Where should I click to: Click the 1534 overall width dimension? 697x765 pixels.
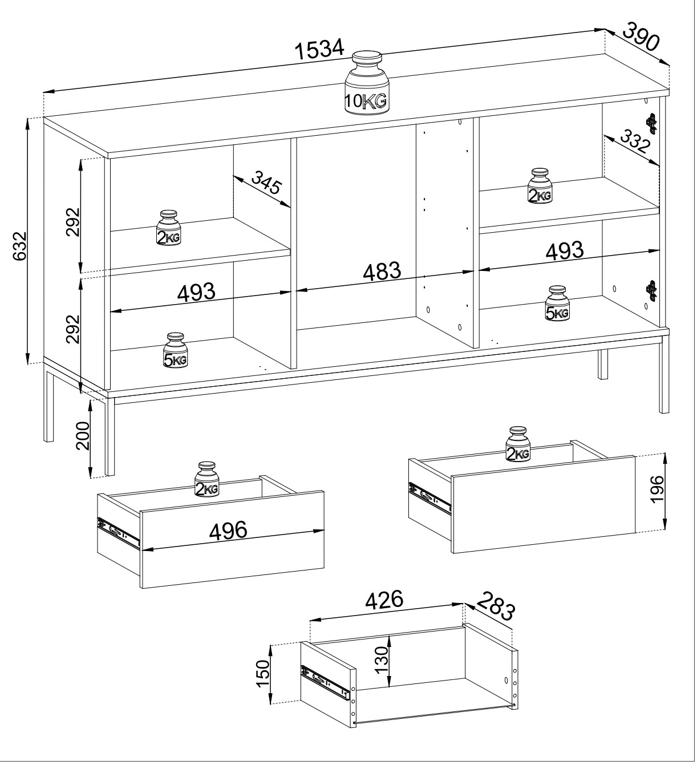tap(321, 50)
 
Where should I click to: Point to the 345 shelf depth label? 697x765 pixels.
tap(267, 183)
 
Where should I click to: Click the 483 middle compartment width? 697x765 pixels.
tap(382, 272)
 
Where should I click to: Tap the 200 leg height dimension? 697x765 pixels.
tap(83, 436)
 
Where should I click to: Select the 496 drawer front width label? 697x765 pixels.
tap(228, 530)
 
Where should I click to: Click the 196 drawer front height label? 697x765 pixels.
tap(657, 489)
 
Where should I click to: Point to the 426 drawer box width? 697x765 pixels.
tap(384, 600)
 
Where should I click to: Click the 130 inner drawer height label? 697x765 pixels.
tap(382, 658)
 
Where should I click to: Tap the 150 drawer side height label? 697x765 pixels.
tap(263, 674)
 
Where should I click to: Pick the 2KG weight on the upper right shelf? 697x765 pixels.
tap(540, 186)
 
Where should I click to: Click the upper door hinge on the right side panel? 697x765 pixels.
tap(651, 123)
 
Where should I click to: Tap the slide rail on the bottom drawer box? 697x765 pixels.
tap(325, 682)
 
